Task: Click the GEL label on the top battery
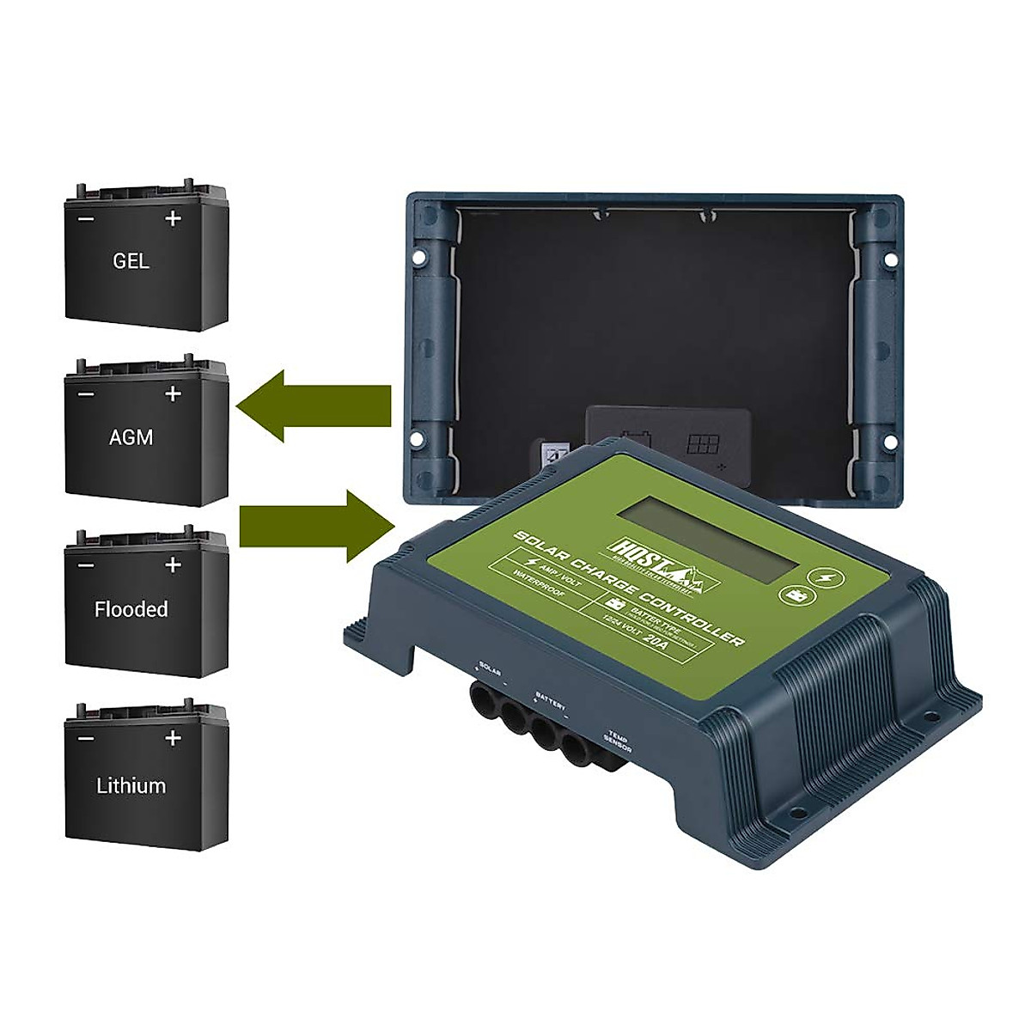pyautogui.click(x=131, y=261)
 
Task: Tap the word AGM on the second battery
pyautogui.click(x=131, y=436)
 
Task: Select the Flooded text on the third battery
pyautogui.click(x=131, y=610)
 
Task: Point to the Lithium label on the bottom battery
pyautogui.click(x=131, y=785)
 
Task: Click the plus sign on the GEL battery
pyautogui.click(x=173, y=219)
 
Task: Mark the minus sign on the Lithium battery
pyautogui.click(x=87, y=738)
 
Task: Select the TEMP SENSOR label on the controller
pyautogui.click(x=619, y=733)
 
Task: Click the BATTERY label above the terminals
pyautogui.click(x=551, y=698)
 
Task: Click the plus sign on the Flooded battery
pyautogui.click(x=173, y=564)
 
